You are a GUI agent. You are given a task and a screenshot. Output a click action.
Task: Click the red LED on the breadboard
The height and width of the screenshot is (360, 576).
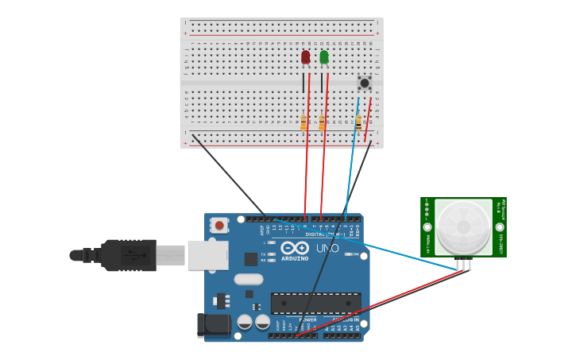tap(306, 57)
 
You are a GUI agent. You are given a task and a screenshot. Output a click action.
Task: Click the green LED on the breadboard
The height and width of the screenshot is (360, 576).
tap(324, 57)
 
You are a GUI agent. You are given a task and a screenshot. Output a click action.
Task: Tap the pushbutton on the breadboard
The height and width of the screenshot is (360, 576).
tap(365, 83)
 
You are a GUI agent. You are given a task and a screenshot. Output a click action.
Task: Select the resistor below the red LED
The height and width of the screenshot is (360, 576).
tap(303, 122)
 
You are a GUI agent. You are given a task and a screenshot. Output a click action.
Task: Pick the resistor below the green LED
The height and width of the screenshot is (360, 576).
tap(322, 122)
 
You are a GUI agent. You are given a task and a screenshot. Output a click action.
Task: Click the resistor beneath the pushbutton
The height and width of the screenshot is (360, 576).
tap(358, 122)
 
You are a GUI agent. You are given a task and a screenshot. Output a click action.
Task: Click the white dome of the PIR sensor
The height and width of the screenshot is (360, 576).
tap(463, 226)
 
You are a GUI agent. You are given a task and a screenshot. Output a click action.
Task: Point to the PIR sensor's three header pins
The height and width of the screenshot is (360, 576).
tap(464, 264)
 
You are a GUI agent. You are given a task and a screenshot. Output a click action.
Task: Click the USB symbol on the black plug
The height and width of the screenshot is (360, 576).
tap(133, 256)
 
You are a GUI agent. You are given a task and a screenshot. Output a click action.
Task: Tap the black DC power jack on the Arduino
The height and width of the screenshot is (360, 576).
tap(213, 324)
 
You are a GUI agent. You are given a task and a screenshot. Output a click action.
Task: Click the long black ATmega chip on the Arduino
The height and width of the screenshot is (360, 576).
tap(315, 303)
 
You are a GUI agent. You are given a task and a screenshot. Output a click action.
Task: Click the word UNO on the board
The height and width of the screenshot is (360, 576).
tap(327, 248)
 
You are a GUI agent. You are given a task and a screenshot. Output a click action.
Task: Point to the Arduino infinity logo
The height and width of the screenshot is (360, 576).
tap(294, 247)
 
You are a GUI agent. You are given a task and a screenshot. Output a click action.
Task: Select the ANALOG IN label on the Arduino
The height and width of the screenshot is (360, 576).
tap(345, 319)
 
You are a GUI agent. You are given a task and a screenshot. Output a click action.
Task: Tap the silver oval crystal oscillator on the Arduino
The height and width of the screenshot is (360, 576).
tap(249, 279)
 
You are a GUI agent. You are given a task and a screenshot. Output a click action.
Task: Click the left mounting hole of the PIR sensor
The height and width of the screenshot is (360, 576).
tap(428, 227)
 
